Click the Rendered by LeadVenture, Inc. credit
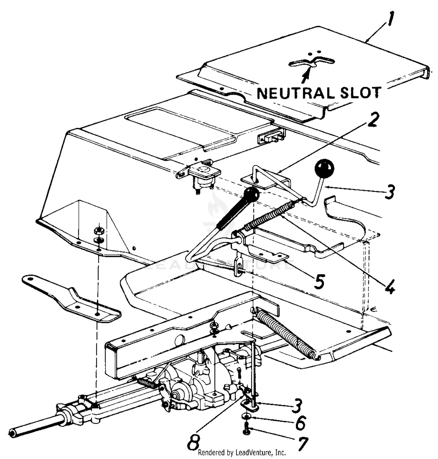(x=242, y=453)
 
